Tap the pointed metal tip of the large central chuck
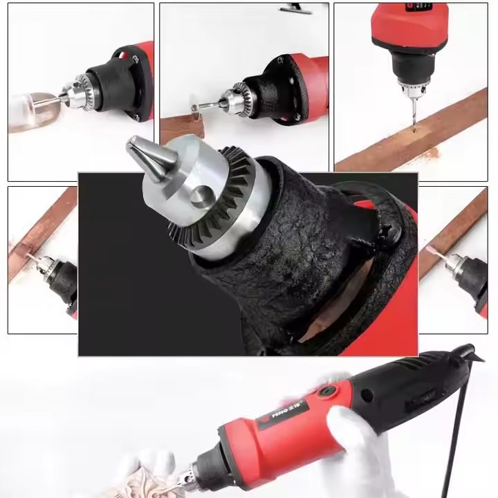point(136,147)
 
